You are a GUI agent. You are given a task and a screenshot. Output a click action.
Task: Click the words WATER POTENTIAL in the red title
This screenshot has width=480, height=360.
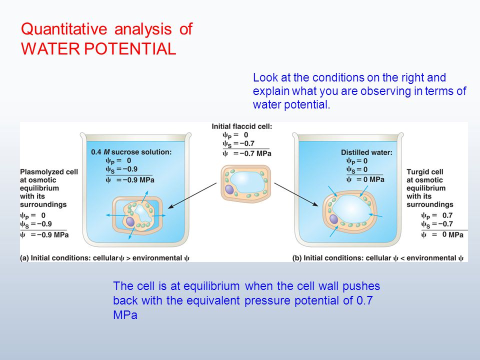pyautogui.click(x=98, y=48)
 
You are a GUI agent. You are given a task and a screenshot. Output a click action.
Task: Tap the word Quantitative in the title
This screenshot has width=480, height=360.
pyautogui.click(x=64, y=29)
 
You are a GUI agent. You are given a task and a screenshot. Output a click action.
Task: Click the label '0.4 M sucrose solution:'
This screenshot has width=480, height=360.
pyautogui.click(x=131, y=152)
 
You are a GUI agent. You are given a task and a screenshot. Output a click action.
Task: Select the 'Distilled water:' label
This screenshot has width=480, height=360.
pyautogui.click(x=366, y=152)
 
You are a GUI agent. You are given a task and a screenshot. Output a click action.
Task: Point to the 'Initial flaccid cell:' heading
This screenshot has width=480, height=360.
pyautogui.click(x=242, y=126)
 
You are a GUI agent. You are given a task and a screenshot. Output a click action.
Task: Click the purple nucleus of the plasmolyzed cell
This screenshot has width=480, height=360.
pyautogui.click(x=130, y=221)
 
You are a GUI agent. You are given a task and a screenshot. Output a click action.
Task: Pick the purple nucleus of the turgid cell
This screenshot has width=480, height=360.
pyautogui.click(x=333, y=219)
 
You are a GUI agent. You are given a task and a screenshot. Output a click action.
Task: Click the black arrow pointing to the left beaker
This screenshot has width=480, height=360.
pyautogui.click(x=192, y=195)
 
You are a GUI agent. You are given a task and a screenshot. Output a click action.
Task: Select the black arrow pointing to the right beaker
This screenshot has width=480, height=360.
pyautogui.click(x=296, y=194)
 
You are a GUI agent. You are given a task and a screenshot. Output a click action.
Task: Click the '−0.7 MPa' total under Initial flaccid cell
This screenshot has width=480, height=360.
pyautogui.click(x=252, y=153)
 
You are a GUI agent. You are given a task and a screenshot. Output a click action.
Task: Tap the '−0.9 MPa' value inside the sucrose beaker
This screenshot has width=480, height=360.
pyautogui.click(x=135, y=180)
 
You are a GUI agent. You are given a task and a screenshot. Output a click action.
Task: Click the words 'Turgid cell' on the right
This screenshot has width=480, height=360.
pyautogui.click(x=425, y=171)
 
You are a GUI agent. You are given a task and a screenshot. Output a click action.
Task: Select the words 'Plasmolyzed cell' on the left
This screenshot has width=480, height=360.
pyautogui.click(x=49, y=172)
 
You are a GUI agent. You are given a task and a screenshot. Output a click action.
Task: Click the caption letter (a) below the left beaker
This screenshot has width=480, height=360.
pyautogui.click(x=24, y=258)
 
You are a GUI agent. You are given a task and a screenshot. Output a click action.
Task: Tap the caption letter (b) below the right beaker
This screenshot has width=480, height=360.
pyautogui.click(x=297, y=258)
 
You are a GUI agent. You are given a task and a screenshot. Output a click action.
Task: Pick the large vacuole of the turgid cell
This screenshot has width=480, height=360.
pyautogui.click(x=351, y=209)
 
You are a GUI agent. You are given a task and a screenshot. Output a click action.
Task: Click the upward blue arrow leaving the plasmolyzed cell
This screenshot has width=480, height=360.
pyautogui.click(x=145, y=197)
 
